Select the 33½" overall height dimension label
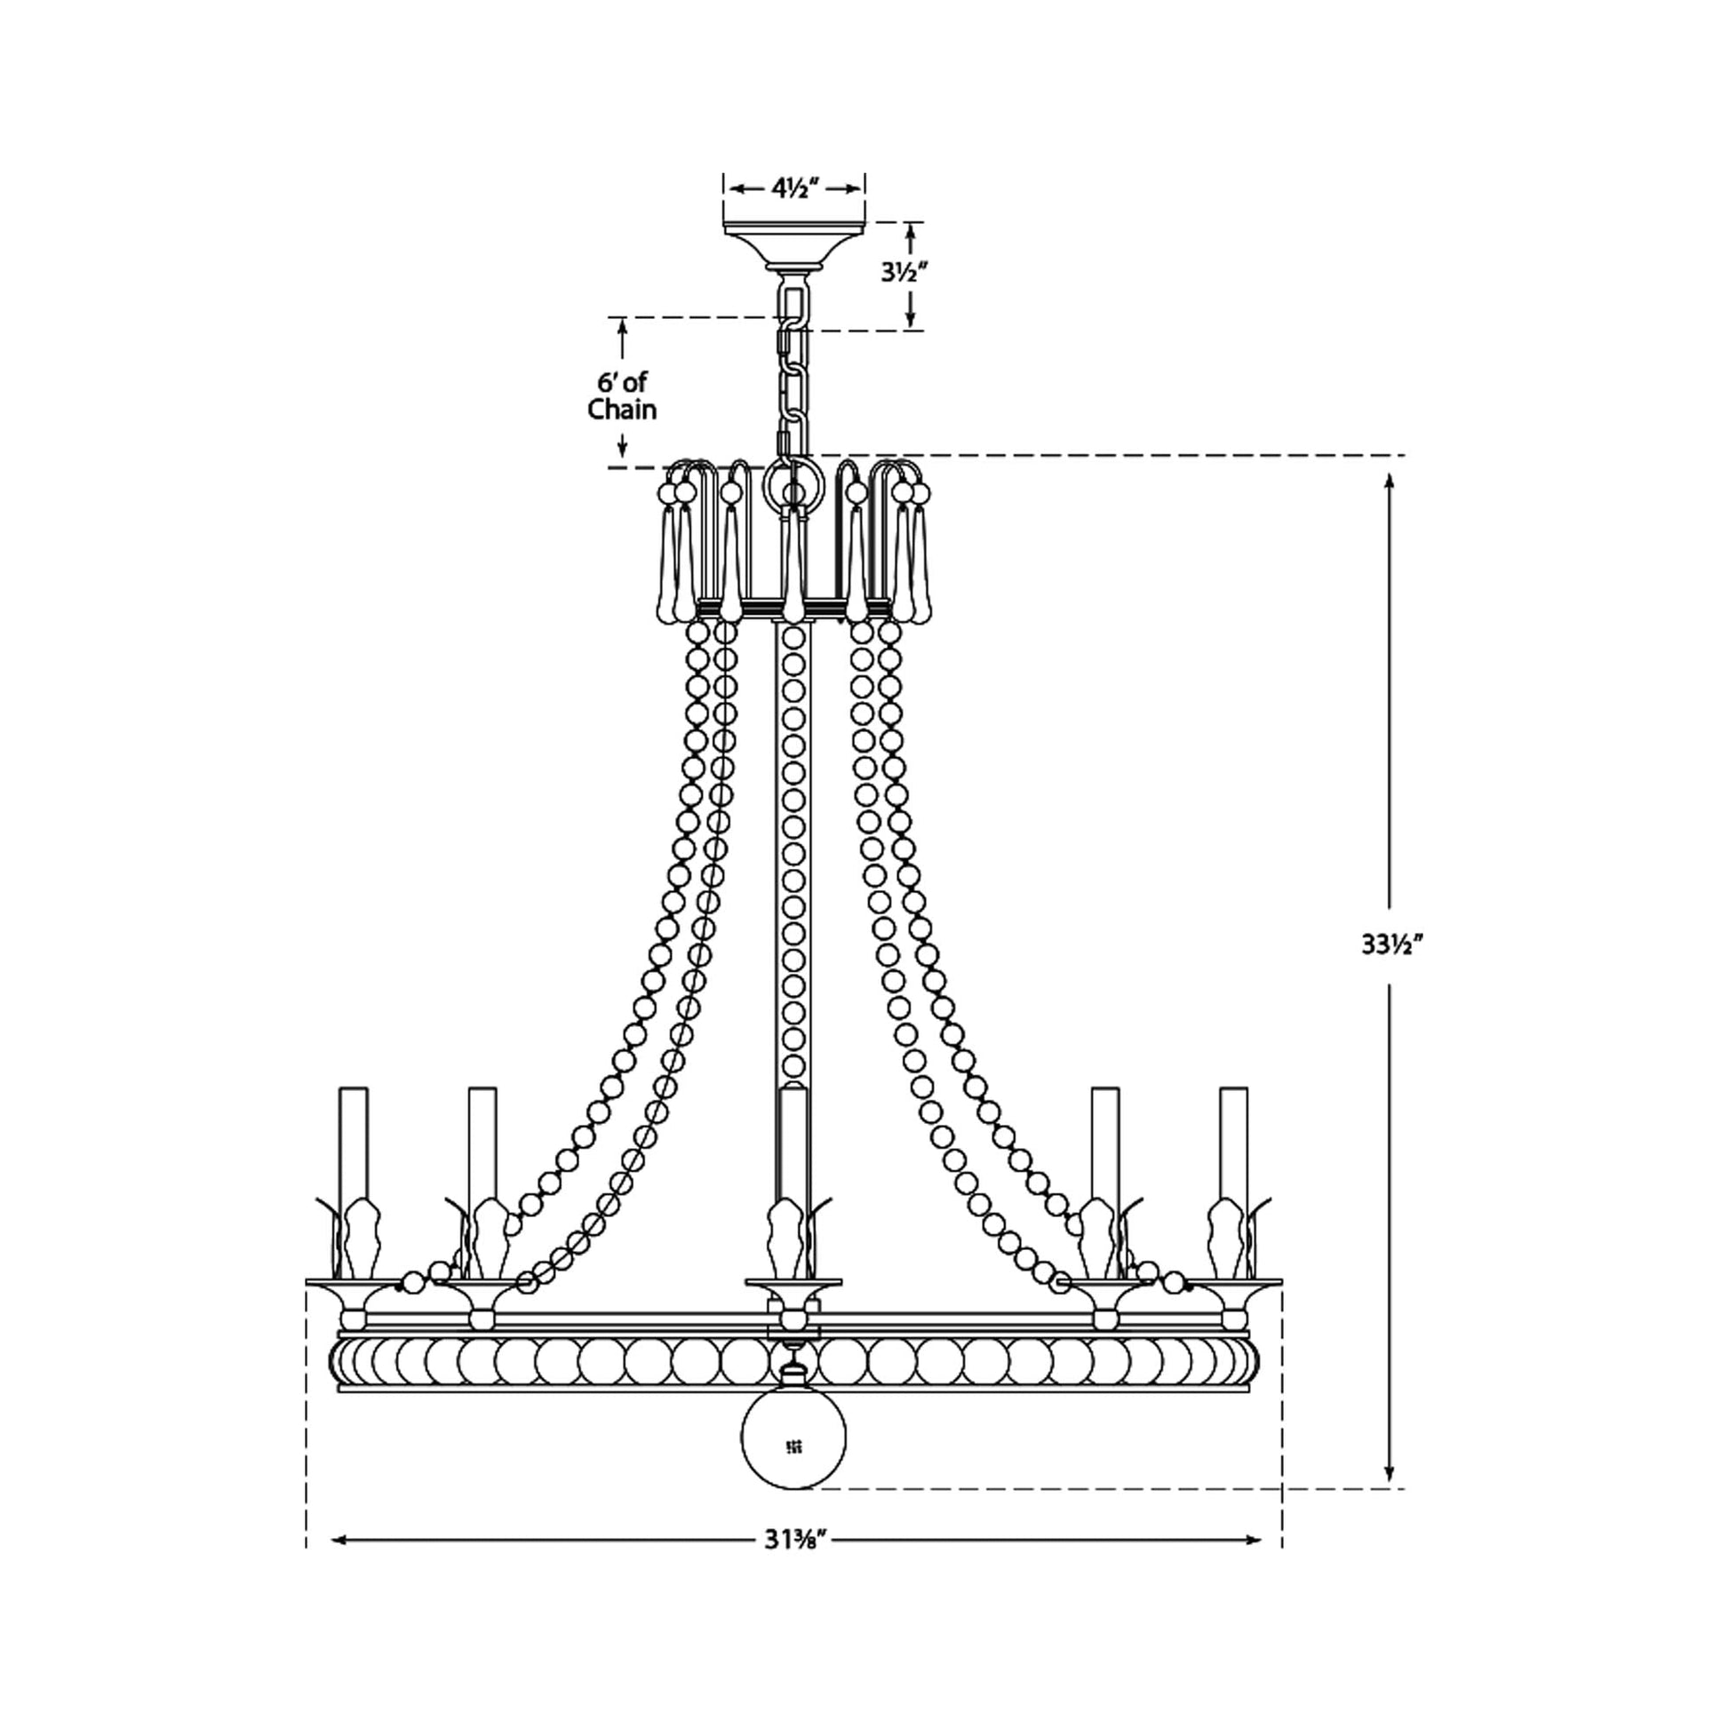pyautogui.click(x=1390, y=943)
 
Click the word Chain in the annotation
pyautogui.click(x=622, y=410)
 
